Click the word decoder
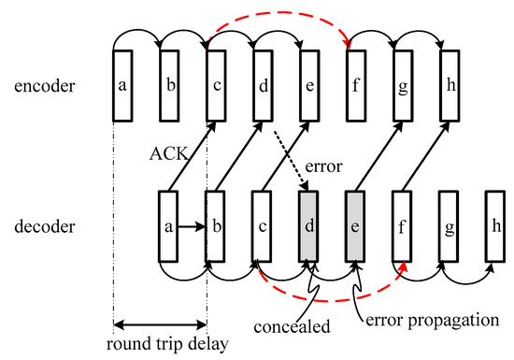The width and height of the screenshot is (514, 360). [x=44, y=225]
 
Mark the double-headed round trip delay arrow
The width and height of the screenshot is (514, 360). [x=160, y=326]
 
